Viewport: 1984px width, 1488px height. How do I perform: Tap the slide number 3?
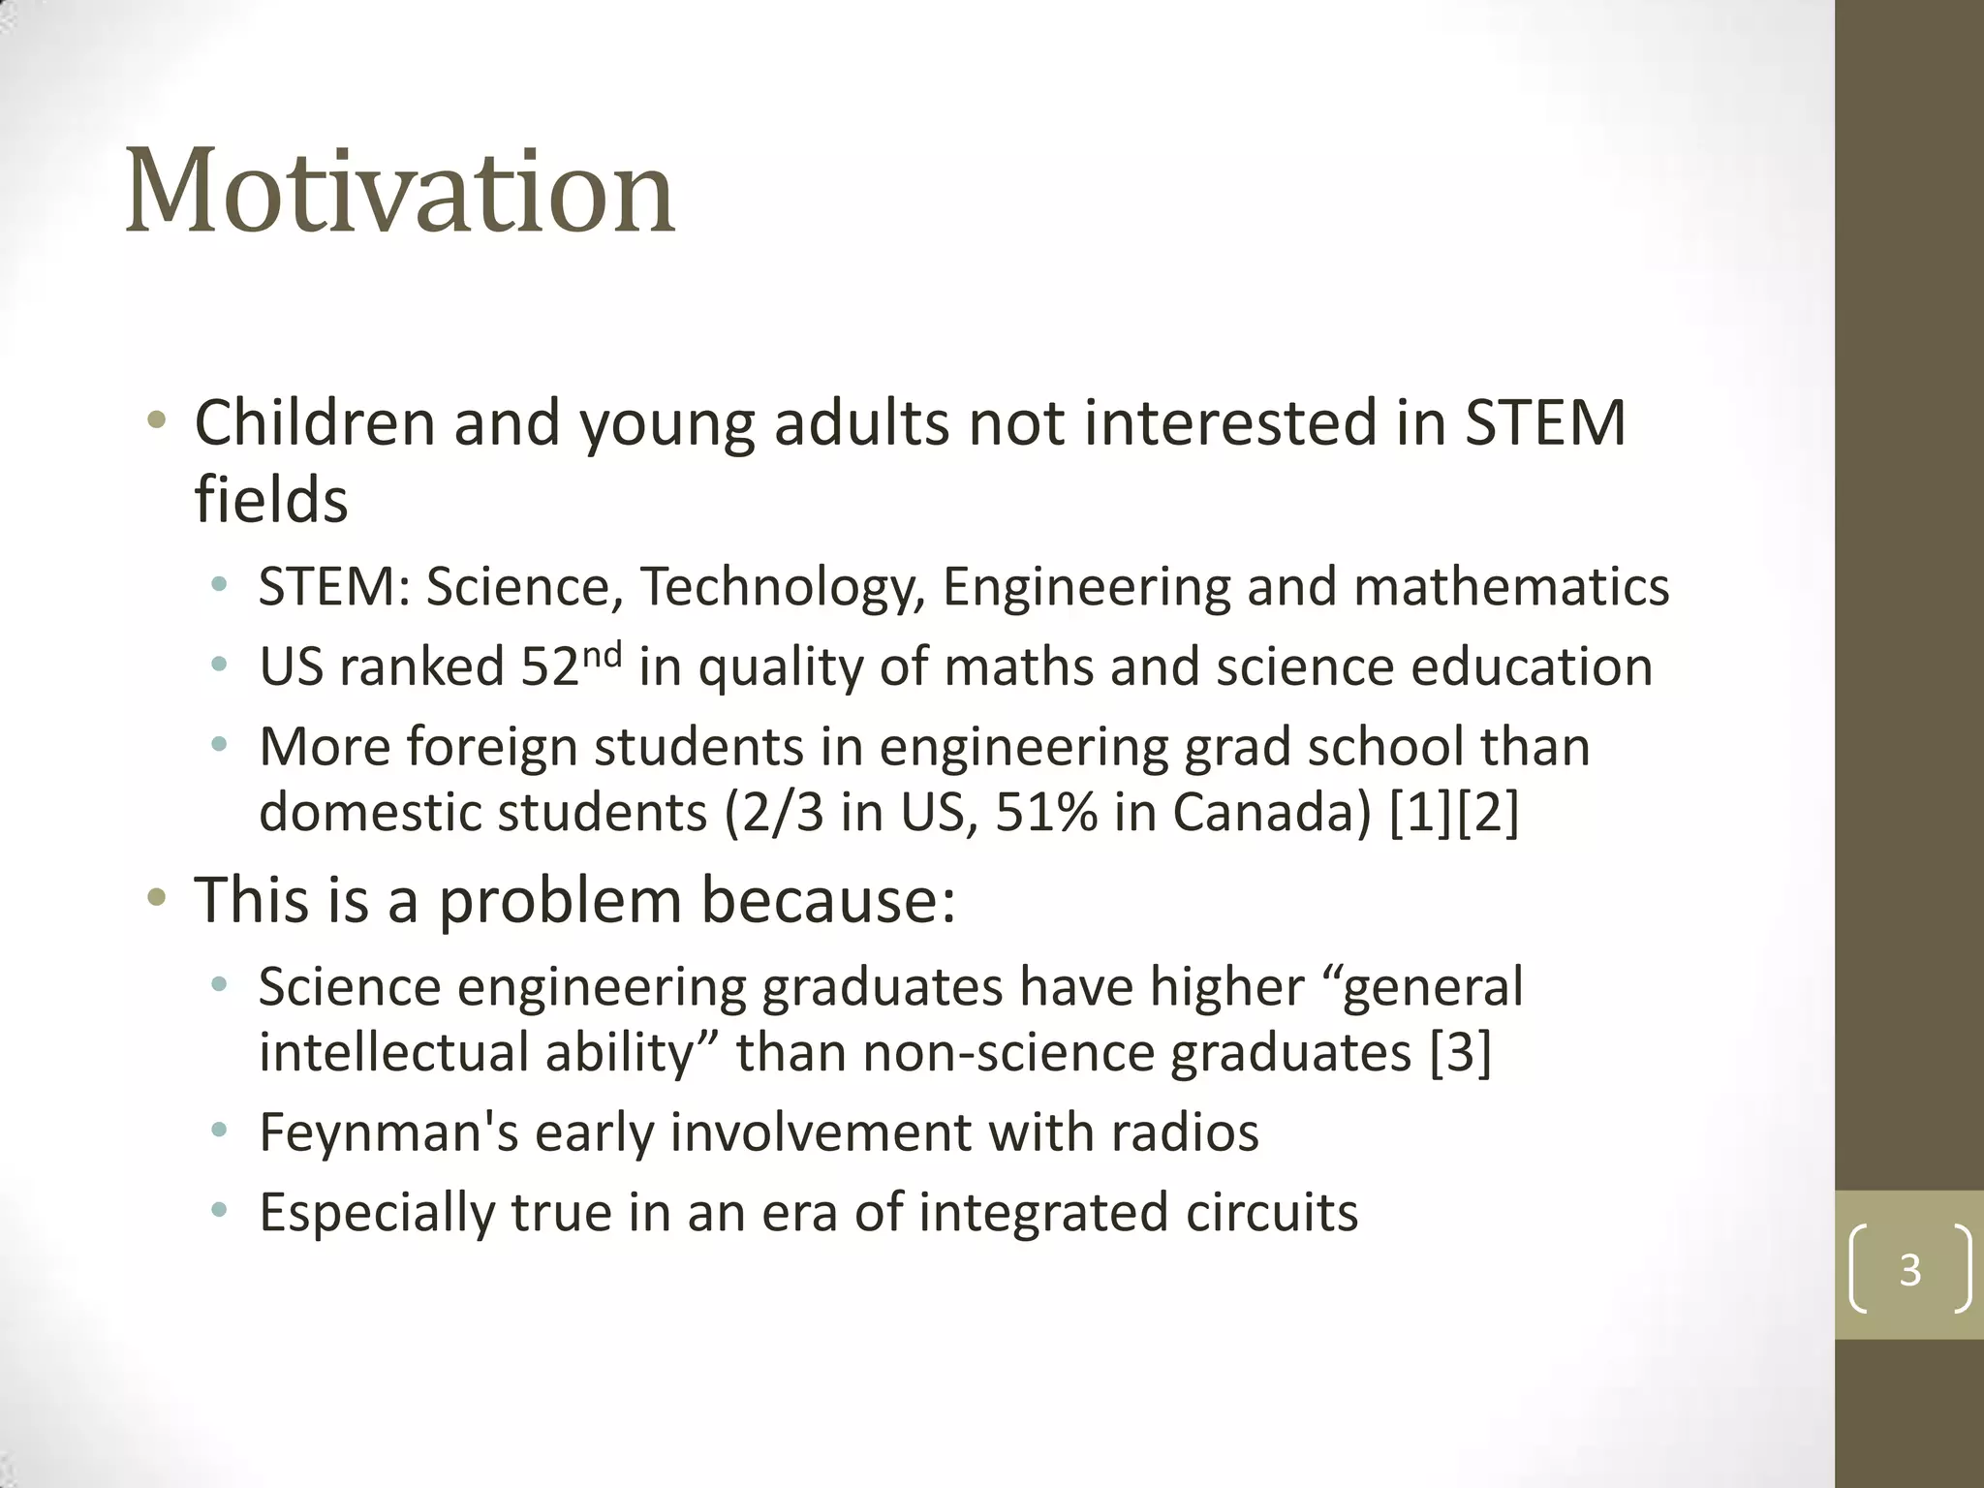tap(1909, 1269)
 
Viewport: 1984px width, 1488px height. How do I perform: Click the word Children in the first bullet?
tap(315, 423)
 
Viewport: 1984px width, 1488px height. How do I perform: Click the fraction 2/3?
tap(784, 812)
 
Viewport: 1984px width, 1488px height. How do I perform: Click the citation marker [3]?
tap(1460, 1052)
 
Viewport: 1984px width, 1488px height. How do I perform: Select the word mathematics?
tap(1511, 588)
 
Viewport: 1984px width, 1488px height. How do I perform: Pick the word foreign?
tap(491, 748)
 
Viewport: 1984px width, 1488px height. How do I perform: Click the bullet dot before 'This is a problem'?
tap(156, 899)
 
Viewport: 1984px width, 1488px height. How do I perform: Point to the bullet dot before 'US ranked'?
tap(220, 666)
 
